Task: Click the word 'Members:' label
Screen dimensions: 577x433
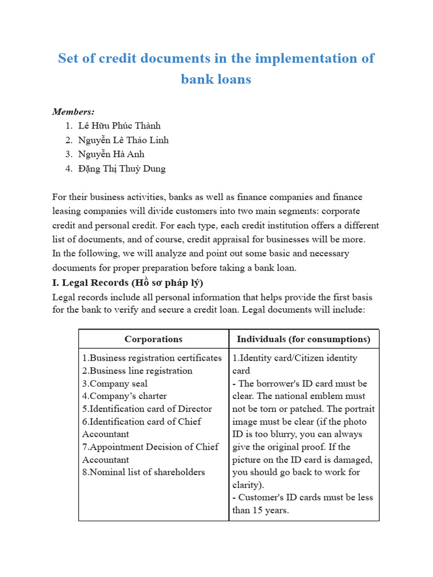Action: click(73, 112)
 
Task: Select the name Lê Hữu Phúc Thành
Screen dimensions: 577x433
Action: click(120, 126)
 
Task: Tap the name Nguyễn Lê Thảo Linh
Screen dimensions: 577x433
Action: click(123, 140)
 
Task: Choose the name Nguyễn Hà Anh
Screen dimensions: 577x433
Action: click(112, 154)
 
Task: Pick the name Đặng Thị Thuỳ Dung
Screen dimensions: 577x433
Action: click(122, 168)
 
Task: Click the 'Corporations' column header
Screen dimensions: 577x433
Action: click(153, 339)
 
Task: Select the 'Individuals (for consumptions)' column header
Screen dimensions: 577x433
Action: click(303, 339)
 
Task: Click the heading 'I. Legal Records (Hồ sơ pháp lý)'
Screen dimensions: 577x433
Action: click(127, 282)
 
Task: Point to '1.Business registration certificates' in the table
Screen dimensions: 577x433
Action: click(152, 358)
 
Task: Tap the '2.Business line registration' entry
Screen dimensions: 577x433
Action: click(137, 371)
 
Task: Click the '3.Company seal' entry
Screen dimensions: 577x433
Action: click(115, 384)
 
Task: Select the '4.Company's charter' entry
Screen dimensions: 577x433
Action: click(125, 396)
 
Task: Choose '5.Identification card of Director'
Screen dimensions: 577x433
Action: click(147, 409)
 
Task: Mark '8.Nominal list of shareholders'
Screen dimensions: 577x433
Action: click(143, 472)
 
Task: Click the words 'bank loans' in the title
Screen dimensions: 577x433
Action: click(216, 79)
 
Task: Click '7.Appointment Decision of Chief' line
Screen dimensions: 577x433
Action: click(149, 447)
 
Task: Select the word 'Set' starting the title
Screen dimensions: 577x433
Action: click(69, 59)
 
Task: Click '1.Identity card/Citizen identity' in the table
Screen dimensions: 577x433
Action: click(294, 358)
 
